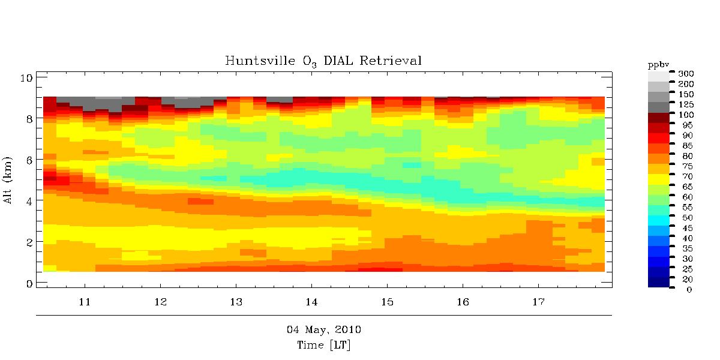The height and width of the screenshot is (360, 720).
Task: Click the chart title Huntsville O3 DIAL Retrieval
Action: pyautogui.click(x=323, y=61)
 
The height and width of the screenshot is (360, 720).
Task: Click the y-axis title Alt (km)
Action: pyautogui.click(x=9, y=181)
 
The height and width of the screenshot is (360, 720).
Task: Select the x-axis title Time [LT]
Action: pyautogui.click(x=323, y=346)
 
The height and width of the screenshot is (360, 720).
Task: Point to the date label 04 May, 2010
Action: pyautogui.click(x=323, y=330)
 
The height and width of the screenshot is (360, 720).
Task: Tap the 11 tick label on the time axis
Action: pyautogui.click(x=85, y=301)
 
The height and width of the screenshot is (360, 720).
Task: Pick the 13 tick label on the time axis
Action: pyautogui.click(x=236, y=301)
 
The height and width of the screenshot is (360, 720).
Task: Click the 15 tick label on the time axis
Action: pyautogui.click(x=387, y=301)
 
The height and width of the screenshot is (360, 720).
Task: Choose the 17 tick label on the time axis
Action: pyautogui.click(x=538, y=301)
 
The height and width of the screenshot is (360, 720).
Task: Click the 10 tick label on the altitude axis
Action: pyautogui.click(x=26, y=77)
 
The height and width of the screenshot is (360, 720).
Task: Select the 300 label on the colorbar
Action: pyautogui.click(x=685, y=73)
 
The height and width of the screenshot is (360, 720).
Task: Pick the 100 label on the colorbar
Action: pyautogui.click(x=685, y=115)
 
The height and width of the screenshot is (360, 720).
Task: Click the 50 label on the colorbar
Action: pyautogui.click(x=683, y=217)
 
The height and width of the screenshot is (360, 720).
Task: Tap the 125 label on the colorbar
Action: pyautogui.click(x=685, y=104)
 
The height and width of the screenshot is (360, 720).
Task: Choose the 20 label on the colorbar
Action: pyautogui.click(x=683, y=279)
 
